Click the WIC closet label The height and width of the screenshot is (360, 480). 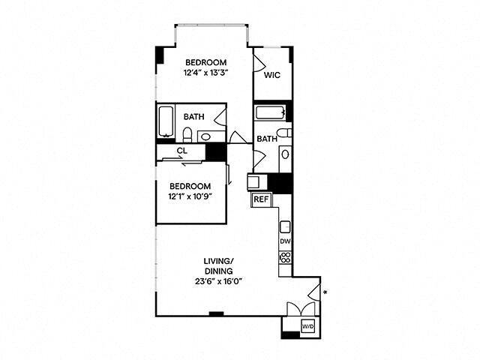pos(271,76)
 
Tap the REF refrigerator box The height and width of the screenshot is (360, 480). pos(261,199)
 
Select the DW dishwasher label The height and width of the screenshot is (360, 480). pos(285,241)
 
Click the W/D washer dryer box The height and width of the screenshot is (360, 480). pos(307,326)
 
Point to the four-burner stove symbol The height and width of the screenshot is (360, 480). pos(285,256)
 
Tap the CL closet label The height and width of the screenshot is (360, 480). pos(181,151)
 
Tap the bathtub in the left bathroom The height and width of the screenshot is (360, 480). pos(166,119)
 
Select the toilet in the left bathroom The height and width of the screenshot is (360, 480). pos(188,135)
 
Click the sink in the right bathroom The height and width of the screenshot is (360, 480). pos(285,155)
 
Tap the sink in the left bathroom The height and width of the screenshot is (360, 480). pos(205,136)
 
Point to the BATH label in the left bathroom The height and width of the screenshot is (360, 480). pos(194,117)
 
